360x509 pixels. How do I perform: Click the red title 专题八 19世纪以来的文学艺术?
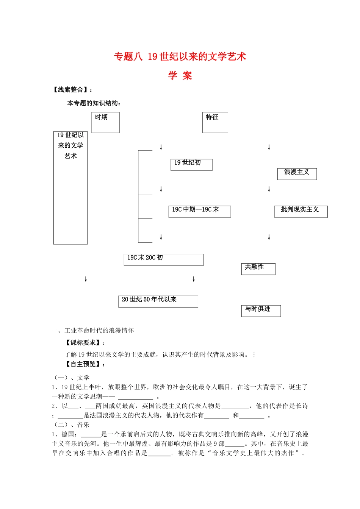(x=180, y=57)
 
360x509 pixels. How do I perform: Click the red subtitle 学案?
(x=180, y=76)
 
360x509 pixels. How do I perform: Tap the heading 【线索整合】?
(x=72, y=90)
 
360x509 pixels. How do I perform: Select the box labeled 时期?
(x=105, y=122)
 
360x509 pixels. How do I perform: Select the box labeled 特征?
(x=215, y=122)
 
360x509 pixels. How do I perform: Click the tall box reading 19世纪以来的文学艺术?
(x=70, y=187)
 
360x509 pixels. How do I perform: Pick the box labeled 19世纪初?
(x=191, y=165)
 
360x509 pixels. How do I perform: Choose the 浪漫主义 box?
(x=297, y=174)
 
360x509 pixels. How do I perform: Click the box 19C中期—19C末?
(x=199, y=211)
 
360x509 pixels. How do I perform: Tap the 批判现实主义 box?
(x=301, y=211)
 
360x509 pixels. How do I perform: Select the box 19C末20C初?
(x=163, y=259)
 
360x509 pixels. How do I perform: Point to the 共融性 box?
(x=258, y=269)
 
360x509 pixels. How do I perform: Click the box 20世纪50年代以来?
(x=158, y=301)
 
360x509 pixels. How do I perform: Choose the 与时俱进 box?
(x=261, y=311)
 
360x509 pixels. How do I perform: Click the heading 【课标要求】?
(x=83, y=343)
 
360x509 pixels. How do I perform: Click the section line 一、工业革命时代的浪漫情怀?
(x=93, y=331)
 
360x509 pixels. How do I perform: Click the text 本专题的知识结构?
(x=94, y=103)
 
